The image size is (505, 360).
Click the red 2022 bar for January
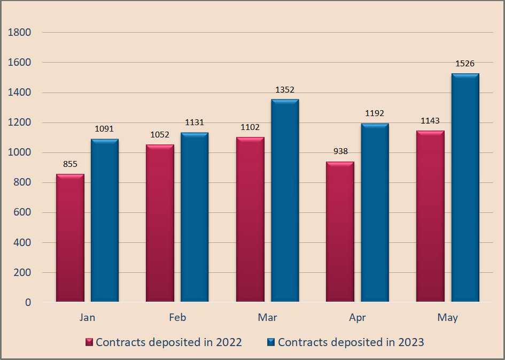coord(70,238)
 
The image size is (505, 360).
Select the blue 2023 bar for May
coord(465,188)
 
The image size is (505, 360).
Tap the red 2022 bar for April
coord(340,232)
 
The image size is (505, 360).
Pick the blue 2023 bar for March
coord(285,201)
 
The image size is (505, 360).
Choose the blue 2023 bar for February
coord(195,217)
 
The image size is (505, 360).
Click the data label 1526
coord(465,64)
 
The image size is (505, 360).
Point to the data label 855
coord(70,164)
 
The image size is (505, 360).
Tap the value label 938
coord(340,151)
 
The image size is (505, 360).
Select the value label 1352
coord(285,90)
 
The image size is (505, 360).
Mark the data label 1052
coord(160,135)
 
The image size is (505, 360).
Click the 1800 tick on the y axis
coord(20,33)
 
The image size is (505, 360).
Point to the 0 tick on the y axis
coord(28,303)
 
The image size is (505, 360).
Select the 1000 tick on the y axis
coord(20,152)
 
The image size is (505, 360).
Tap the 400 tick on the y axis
coord(22,243)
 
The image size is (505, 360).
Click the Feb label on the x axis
coord(177,318)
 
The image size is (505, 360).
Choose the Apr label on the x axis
coord(358,318)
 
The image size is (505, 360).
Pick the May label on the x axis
coord(447,318)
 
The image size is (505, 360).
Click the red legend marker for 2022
coord(90,342)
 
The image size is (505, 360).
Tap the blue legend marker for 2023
coord(271,342)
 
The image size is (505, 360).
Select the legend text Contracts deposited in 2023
coord(351,342)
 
